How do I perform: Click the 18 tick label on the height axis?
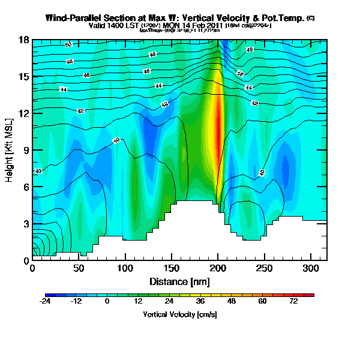25,40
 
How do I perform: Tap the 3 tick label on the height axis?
26,224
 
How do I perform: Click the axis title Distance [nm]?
179,281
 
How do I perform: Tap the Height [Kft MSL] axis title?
10,150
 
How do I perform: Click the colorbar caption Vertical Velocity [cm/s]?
179,314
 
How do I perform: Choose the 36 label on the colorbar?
200,301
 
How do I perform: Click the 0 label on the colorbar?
107,301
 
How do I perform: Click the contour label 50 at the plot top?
68,44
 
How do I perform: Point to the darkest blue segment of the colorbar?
49,295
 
